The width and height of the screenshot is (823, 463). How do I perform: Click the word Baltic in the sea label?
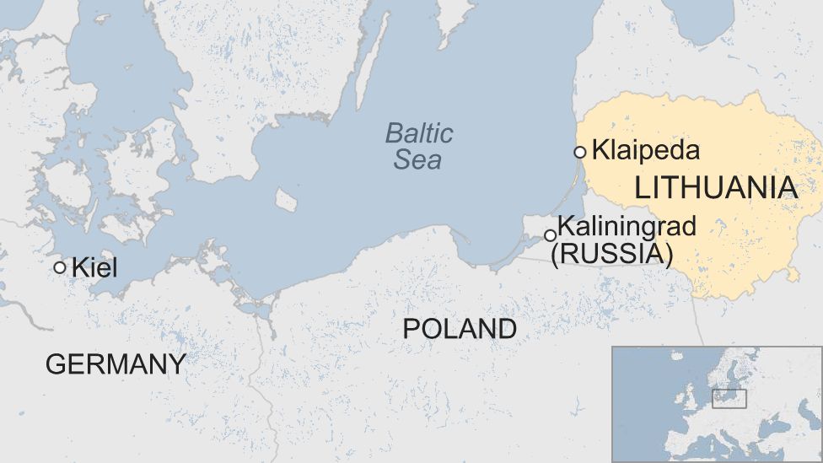tap(419, 133)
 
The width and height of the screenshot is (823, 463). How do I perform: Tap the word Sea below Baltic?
tap(417, 159)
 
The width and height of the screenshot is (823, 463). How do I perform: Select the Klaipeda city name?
tap(645, 151)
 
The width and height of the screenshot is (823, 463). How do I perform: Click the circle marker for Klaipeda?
tap(579, 152)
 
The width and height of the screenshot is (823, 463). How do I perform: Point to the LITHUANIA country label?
tap(716, 188)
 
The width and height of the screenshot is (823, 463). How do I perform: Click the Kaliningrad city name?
tap(627, 226)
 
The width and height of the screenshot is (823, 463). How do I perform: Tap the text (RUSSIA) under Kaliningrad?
tap(611, 253)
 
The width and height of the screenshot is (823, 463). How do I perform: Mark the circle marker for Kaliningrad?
tap(550, 235)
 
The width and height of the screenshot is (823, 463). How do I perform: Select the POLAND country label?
tap(460, 329)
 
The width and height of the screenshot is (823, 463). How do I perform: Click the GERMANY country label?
tap(116, 363)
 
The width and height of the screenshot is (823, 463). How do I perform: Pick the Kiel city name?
tap(94, 268)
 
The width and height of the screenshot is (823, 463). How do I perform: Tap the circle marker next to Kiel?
tap(60, 267)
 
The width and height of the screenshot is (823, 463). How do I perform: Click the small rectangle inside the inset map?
tap(729, 398)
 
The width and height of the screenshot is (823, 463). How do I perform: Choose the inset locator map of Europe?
tap(717, 404)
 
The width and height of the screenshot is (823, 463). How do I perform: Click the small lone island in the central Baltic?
tap(287, 201)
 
